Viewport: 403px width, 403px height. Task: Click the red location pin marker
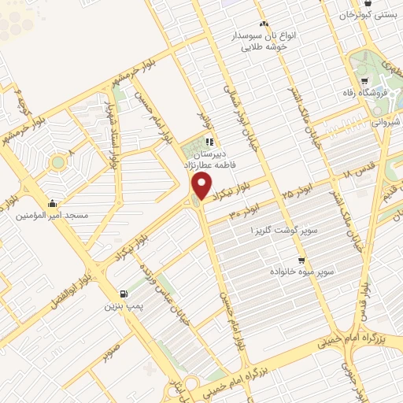pos(202,187)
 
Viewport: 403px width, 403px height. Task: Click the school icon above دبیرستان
pos(209,142)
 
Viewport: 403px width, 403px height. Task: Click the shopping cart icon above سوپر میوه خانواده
pos(301,260)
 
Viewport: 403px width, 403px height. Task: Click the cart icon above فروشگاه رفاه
pos(363,80)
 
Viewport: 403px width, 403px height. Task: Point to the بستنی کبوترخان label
pos(370,15)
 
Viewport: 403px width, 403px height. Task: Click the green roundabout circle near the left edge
pos(57,163)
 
